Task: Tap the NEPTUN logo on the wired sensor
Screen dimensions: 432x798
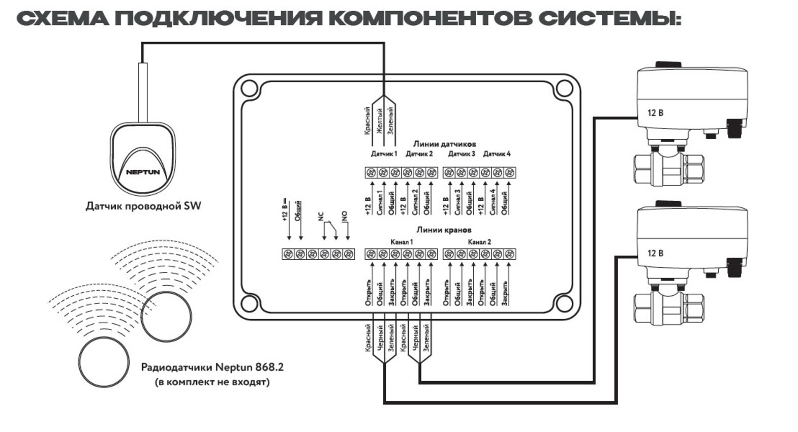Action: tap(143, 172)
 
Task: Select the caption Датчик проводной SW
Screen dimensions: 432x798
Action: tap(143, 206)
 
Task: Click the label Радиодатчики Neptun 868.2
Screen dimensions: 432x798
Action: tap(212, 366)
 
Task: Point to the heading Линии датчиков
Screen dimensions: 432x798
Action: tap(444, 144)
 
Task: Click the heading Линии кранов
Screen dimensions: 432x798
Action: tap(444, 230)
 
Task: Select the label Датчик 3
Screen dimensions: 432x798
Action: tap(462, 153)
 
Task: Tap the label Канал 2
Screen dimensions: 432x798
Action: tap(479, 242)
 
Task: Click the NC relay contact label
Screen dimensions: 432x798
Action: tap(321, 217)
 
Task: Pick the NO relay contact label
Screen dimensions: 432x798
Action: tap(344, 216)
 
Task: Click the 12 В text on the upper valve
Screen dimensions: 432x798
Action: tap(655, 113)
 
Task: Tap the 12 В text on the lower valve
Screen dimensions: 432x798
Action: tap(655, 253)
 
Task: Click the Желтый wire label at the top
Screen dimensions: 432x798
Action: tap(379, 120)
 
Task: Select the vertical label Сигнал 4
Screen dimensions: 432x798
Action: tap(492, 202)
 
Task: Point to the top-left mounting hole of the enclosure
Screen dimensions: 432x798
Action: tap(249, 88)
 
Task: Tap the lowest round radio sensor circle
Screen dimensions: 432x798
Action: tap(104, 362)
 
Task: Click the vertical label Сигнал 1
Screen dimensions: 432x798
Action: tap(379, 202)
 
